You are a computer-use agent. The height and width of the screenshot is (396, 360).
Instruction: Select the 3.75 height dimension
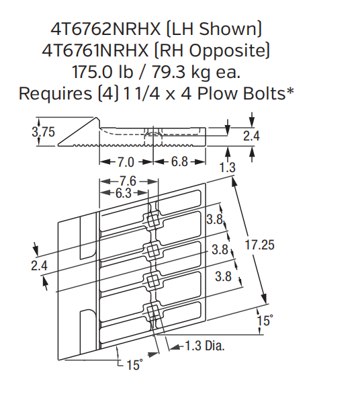(44, 132)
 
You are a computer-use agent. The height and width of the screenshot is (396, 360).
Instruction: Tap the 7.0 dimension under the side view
(126, 162)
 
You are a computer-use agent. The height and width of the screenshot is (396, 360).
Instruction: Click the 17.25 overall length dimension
(259, 245)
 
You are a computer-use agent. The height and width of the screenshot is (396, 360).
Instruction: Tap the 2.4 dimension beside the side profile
(251, 136)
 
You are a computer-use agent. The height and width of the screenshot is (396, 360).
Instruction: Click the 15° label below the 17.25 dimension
(265, 321)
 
